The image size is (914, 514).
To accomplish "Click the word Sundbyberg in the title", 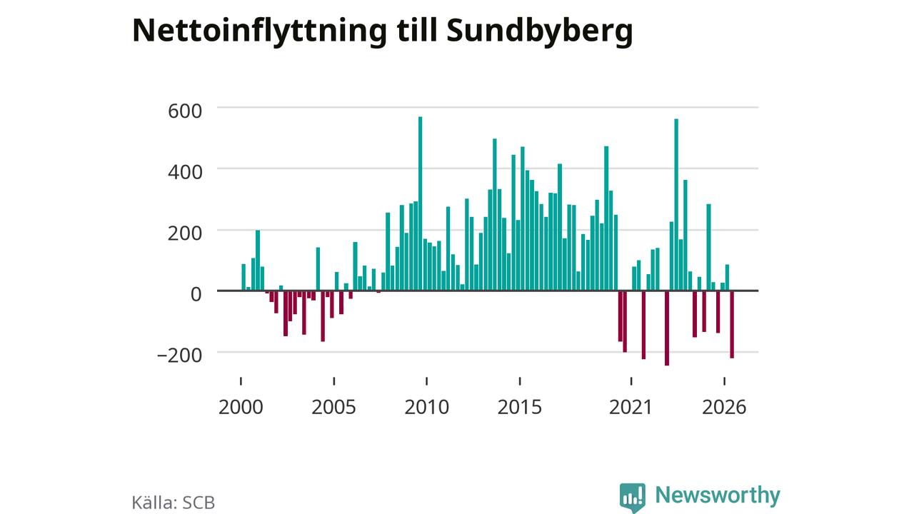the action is point(540,31).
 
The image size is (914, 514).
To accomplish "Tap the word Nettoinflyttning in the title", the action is point(259,31).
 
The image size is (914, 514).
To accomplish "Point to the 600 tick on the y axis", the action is point(185,111).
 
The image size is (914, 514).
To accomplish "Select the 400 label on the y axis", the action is point(185,172).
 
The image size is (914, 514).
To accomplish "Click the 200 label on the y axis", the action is point(185,233).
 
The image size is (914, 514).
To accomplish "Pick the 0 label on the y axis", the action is point(196,294).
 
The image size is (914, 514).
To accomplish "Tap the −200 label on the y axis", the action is point(179,356).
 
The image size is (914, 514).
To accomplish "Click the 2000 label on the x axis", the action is point(241,407).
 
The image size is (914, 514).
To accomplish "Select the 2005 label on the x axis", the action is point(333,407).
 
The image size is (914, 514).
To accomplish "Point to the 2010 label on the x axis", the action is point(427,407).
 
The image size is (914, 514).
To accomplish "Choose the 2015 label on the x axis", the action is point(520,407).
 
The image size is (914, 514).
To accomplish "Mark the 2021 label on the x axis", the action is point(631,407).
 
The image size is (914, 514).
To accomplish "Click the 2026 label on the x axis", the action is point(724,407).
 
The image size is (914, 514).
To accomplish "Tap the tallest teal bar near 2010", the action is point(421,203).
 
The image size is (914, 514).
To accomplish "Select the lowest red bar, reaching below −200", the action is point(667,328).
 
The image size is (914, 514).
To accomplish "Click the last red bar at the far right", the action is point(732,325).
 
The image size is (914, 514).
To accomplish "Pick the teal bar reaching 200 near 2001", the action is point(258,261).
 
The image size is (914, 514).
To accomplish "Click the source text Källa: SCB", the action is point(174,503).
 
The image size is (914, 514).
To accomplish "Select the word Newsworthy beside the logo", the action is point(718,495).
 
